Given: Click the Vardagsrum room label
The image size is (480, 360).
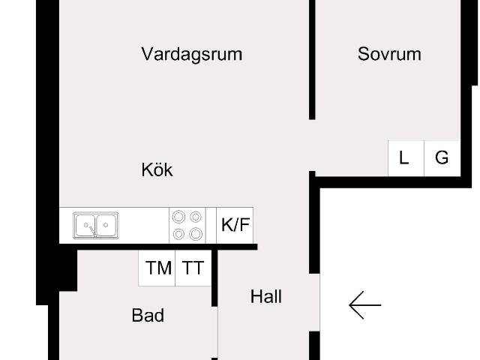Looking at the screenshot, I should pyautogui.click(x=191, y=54).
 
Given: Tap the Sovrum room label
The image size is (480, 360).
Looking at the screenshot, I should pyautogui.click(x=389, y=54).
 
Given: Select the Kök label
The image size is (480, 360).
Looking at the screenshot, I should pyautogui.click(x=157, y=170).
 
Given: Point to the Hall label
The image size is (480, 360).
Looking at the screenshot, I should pyautogui.click(x=266, y=297).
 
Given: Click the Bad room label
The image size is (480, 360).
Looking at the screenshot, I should pyautogui.click(x=148, y=316).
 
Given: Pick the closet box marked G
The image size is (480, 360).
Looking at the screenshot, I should pyautogui.click(x=442, y=158).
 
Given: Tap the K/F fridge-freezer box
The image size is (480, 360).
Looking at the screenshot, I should pyautogui.click(x=235, y=225).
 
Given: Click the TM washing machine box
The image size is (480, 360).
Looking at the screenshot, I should pyautogui.click(x=157, y=268).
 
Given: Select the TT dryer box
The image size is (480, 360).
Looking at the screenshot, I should pyautogui.click(x=193, y=268).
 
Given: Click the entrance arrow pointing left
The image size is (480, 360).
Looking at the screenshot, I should pyautogui.click(x=365, y=305).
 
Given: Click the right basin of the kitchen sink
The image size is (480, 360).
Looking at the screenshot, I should pyautogui.click(x=106, y=225).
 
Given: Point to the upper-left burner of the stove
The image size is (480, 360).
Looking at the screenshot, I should pyautogui.click(x=178, y=217).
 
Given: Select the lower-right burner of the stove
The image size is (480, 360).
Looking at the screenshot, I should pyautogui.click(x=196, y=234).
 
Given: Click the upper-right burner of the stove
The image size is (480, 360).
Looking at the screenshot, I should pyautogui.click(x=196, y=217).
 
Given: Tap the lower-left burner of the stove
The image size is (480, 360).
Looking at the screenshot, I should pyautogui.click(x=178, y=234).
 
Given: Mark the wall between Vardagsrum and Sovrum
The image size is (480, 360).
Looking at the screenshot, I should pyautogui.click(x=313, y=60).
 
